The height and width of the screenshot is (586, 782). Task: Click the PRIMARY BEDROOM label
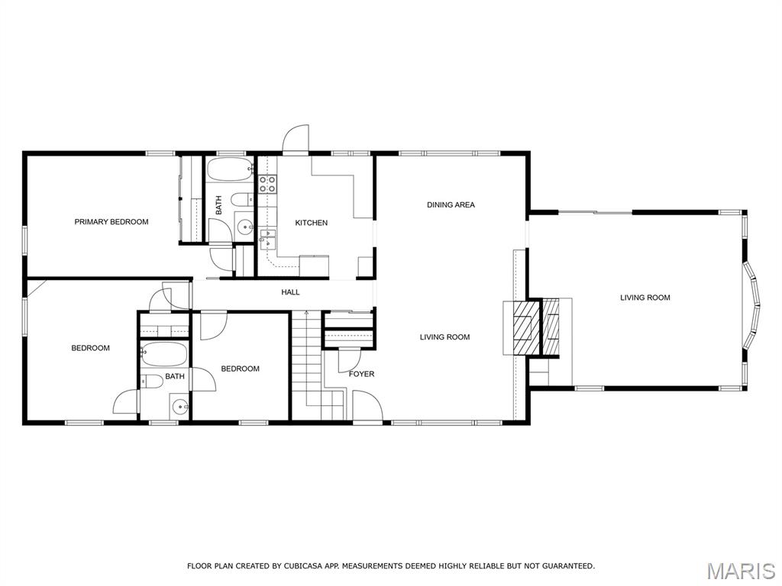click(111, 222)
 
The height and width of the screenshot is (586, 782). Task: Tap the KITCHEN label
click(312, 223)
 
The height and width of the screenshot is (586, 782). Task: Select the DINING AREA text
click(451, 204)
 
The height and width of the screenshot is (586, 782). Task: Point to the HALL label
click(290, 292)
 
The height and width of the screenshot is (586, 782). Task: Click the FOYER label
click(361, 374)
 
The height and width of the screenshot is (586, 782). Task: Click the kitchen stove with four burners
click(267, 184)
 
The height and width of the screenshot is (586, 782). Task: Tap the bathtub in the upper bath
click(230, 170)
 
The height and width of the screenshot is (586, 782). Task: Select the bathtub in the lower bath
click(164, 354)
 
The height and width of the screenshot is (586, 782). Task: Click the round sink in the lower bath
click(180, 409)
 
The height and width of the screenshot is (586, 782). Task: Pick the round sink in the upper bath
click(245, 227)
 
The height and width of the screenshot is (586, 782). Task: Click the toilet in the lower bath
click(152, 382)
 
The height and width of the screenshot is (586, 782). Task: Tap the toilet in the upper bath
click(244, 199)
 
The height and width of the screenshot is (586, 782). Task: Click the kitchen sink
click(267, 239)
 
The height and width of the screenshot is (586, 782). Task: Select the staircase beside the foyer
click(318, 365)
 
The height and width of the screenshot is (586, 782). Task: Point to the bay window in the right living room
click(751, 305)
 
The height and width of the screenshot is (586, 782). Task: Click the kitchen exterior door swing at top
click(296, 138)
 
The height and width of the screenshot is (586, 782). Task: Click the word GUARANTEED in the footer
click(567, 565)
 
